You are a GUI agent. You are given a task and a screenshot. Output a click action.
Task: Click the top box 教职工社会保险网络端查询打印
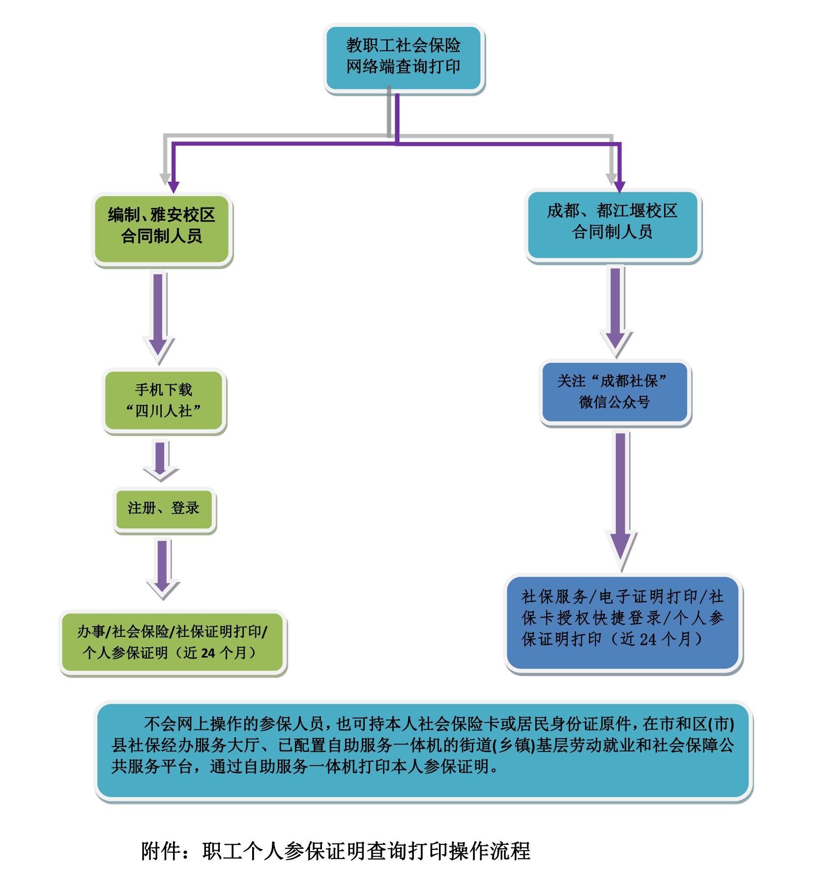coord(404,57)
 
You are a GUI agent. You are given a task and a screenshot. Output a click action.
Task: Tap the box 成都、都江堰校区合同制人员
coord(612,224)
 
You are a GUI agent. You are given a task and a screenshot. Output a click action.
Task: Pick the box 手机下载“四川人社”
coord(164,400)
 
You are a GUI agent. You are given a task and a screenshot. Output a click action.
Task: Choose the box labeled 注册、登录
coord(164,509)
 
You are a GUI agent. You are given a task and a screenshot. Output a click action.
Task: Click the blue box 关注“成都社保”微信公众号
coord(614,392)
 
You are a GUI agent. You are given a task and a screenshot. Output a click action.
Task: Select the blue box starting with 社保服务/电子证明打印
coord(623,621)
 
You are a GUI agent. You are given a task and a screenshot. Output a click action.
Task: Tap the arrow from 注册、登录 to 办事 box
coord(163,568)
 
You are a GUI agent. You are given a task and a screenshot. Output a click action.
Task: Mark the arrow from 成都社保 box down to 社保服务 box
coord(621,499)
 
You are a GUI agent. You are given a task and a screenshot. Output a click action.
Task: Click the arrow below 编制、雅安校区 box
coord(158,317)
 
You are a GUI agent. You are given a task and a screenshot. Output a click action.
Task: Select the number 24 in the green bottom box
coord(208,653)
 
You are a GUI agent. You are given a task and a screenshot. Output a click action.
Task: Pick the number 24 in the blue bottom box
coord(648,639)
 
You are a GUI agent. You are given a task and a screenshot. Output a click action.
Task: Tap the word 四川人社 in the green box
coord(164,411)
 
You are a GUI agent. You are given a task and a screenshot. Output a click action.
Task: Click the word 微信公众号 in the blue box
coord(614,403)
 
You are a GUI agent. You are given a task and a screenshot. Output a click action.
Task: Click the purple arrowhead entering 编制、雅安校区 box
coord(173,187)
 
